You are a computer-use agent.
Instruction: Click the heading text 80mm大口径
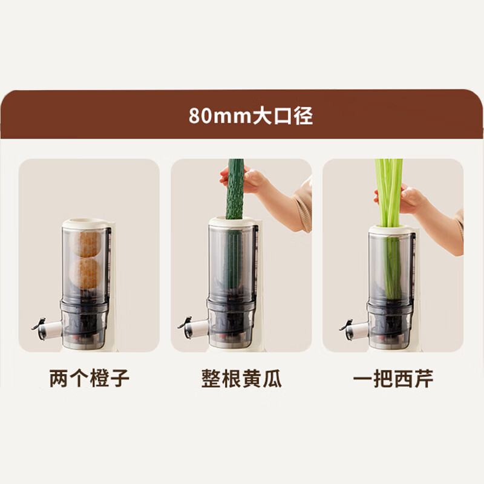[x=250, y=115]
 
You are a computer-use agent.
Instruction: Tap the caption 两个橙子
[x=89, y=379]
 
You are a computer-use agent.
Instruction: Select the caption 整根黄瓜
[x=241, y=379]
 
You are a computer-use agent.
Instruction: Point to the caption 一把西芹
[x=393, y=379]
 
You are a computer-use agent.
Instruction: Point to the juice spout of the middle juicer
[x=194, y=327]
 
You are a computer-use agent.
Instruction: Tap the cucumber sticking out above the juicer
[x=235, y=188]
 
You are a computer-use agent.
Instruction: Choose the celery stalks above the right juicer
[x=388, y=188]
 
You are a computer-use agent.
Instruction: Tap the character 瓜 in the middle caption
[x=272, y=379]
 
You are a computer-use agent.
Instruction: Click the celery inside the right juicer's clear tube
[x=391, y=266]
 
